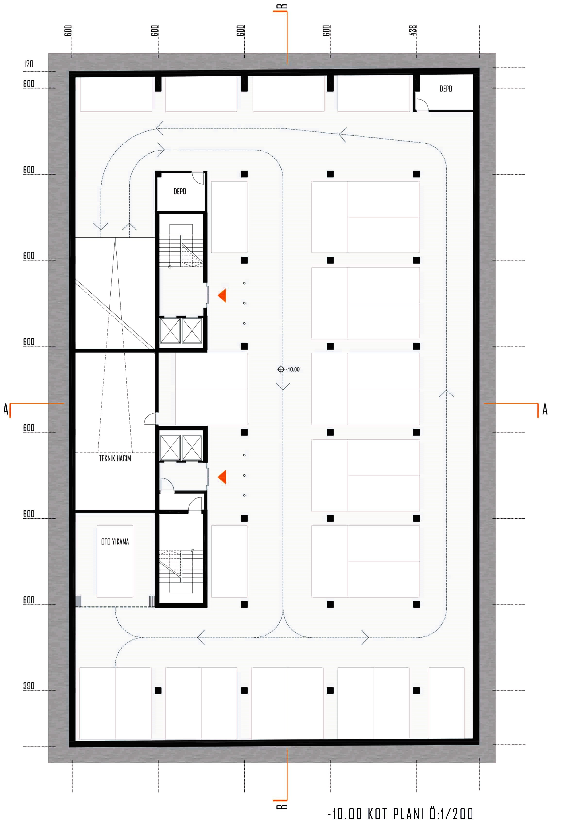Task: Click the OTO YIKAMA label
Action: [x=115, y=541]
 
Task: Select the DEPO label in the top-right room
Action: [x=446, y=89]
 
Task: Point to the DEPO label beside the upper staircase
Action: [x=179, y=191]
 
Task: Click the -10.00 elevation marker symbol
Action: [x=281, y=369]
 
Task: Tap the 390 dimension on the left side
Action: [x=29, y=686]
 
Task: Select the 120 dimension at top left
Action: [x=29, y=64]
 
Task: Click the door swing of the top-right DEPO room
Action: [x=422, y=104]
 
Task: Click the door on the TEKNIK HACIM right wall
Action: [x=151, y=418]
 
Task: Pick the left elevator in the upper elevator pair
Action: [x=170, y=330]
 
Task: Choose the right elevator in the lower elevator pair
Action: [x=192, y=447]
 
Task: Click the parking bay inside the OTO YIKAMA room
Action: [x=115, y=561]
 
